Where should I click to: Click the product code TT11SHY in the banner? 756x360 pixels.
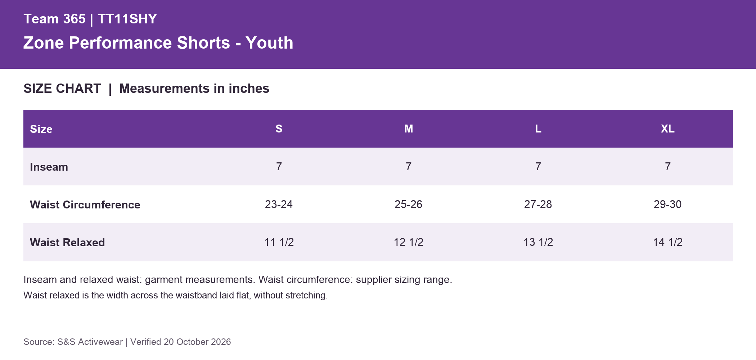[x=127, y=19]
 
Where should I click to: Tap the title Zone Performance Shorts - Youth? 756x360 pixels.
[x=158, y=43]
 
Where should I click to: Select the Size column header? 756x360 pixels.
[x=41, y=129]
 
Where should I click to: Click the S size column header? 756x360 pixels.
[x=279, y=129]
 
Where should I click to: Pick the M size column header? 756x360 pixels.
[x=409, y=129]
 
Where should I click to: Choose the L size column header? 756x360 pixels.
[x=538, y=129]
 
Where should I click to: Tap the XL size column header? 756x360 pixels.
[x=668, y=129]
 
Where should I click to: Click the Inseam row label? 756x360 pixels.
[x=49, y=167]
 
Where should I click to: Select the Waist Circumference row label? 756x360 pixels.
[x=85, y=204]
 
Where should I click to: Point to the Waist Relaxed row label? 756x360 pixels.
[x=67, y=242]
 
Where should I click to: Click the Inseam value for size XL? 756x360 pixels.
[x=668, y=166]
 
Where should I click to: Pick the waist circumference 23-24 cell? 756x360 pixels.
[x=279, y=204]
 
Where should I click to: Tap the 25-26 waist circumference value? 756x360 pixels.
[x=409, y=204]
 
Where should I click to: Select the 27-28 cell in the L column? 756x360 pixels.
[x=538, y=204]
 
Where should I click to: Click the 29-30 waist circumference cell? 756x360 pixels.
[x=668, y=204]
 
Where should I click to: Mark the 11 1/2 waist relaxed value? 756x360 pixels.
[x=279, y=242]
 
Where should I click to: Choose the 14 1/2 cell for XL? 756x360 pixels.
[x=668, y=242]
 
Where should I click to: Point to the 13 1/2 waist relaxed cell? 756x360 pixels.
[x=538, y=242]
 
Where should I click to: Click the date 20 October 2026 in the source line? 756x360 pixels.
[x=197, y=342]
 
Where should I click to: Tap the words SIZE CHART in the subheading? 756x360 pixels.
[x=62, y=89]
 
